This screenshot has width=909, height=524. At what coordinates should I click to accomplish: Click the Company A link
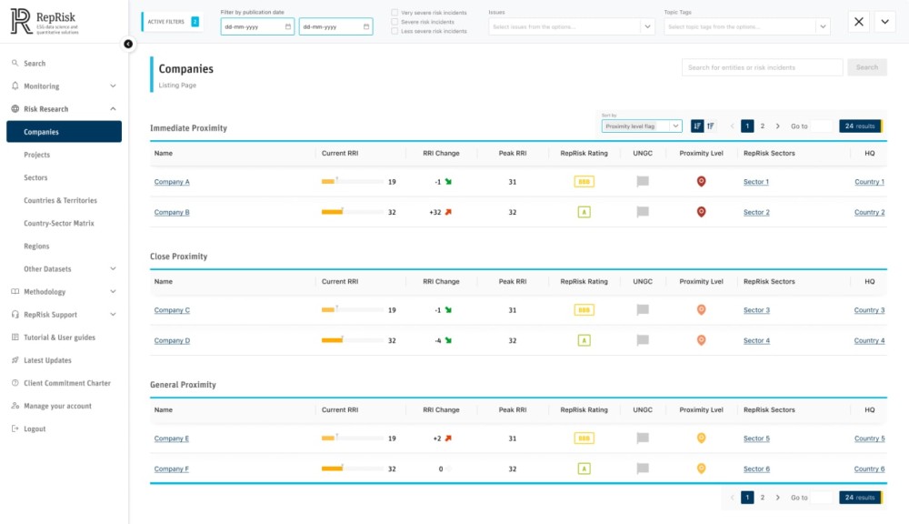point(172,182)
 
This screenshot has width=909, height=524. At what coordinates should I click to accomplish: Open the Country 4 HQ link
point(869,341)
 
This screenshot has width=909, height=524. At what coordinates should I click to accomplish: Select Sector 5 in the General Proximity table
point(755,438)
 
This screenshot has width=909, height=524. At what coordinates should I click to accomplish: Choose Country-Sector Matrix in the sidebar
point(58,224)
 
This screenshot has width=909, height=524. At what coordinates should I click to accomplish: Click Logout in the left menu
point(35,429)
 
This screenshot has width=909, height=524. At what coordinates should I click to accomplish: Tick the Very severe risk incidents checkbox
point(395,13)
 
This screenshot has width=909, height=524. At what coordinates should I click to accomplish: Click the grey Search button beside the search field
point(866,67)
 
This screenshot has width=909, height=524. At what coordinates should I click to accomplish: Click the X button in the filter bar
point(859,22)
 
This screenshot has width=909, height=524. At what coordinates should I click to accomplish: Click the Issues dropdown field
point(571,27)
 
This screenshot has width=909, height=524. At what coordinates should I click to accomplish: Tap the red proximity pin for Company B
point(701,212)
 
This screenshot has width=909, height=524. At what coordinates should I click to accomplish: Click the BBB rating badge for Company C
point(584,310)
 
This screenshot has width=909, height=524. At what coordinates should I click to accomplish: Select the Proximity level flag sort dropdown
point(641,126)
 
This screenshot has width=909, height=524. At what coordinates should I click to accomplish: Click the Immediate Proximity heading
point(188,128)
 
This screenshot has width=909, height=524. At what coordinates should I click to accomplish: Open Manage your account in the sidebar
point(57,407)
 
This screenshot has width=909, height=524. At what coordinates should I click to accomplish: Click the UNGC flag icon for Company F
point(643,469)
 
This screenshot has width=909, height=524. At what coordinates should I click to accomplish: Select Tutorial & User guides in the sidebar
point(59,338)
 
